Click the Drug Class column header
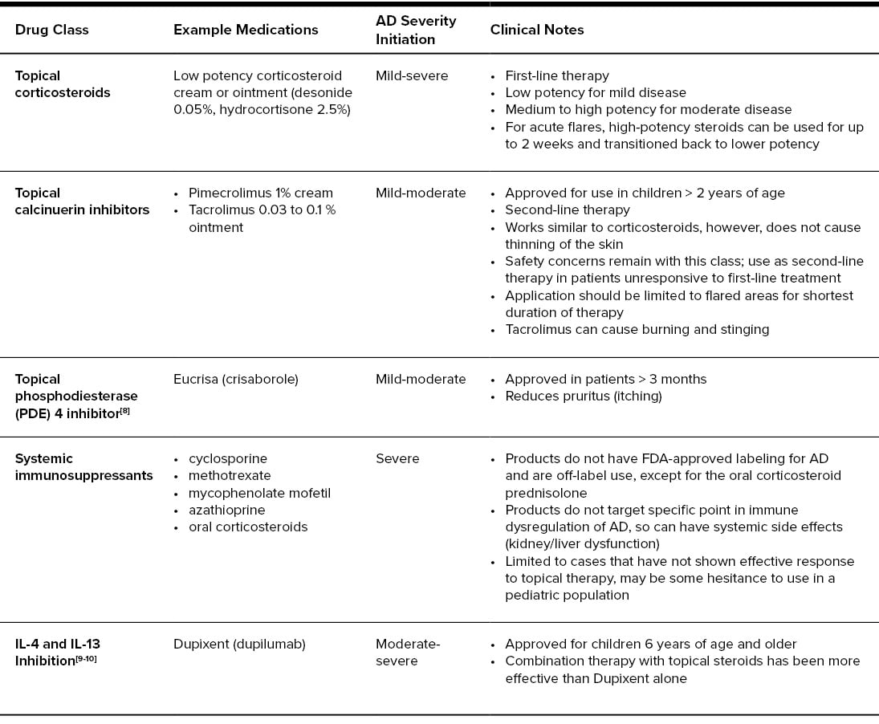(x=51, y=30)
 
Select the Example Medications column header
(x=246, y=30)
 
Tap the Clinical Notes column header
(x=537, y=30)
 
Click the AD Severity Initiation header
(x=415, y=30)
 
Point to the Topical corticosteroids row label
(x=63, y=84)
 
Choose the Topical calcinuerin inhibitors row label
(x=82, y=201)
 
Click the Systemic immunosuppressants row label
(x=83, y=467)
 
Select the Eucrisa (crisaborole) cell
(x=235, y=379)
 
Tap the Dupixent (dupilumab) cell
(x=239, y=644)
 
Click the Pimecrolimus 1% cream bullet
(x=260, y=193)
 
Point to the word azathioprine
(x=226, y=510)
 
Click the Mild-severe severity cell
(x=411, y=75)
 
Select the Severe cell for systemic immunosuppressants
(x=397, y=458)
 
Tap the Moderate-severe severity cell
(x=408, y=652)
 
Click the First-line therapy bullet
(x=556, y=75)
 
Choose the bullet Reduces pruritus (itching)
(x=584, y=396)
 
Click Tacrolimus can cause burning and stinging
(x=637, y=329)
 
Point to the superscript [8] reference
(x=124, y=410)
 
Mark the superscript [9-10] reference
(x=86, y=659)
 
